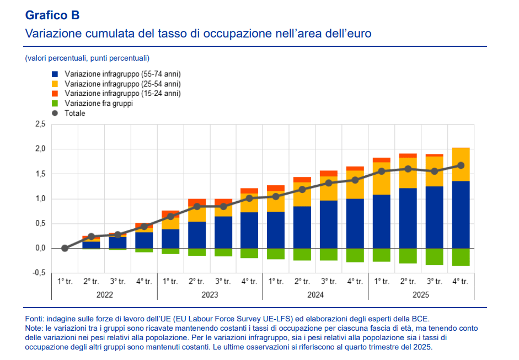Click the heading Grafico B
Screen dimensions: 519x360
click(x=52, y=15)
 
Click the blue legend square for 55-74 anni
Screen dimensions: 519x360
click(x=55, y=74)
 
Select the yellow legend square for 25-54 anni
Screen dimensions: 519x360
click(x=55, y=84)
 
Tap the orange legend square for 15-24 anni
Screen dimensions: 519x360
click(x=55, y=94)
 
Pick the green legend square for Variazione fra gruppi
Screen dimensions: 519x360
click(x=55, y=103)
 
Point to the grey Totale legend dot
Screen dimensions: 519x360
click(x=55, y=113)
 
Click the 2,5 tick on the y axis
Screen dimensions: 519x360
click(x=40, y=125)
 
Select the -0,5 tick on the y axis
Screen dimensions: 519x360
click(x=39, y=273)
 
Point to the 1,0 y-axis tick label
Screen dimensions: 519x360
click(x=40, y=198)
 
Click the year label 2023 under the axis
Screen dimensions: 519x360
click(x=210, y=294)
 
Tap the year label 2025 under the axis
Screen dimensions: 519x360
click(x=421, y=294)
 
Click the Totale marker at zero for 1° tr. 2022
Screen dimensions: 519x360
click(x=65, y=248)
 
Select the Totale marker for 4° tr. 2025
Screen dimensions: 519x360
click(x=461, y=165)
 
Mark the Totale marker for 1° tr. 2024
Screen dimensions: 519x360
click(x=276, y=197)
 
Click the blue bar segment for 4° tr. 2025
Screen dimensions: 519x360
click(x=461, y=215)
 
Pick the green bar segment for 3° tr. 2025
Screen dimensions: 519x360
click(x=434, y=257)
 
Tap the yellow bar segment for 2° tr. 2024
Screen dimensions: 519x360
click(x=302, y=194)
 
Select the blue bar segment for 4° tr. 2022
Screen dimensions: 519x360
click(x=144, y=240)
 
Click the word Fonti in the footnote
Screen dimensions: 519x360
click(x=34, y=319)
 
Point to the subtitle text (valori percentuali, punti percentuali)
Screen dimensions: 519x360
click(x=87, y=58)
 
